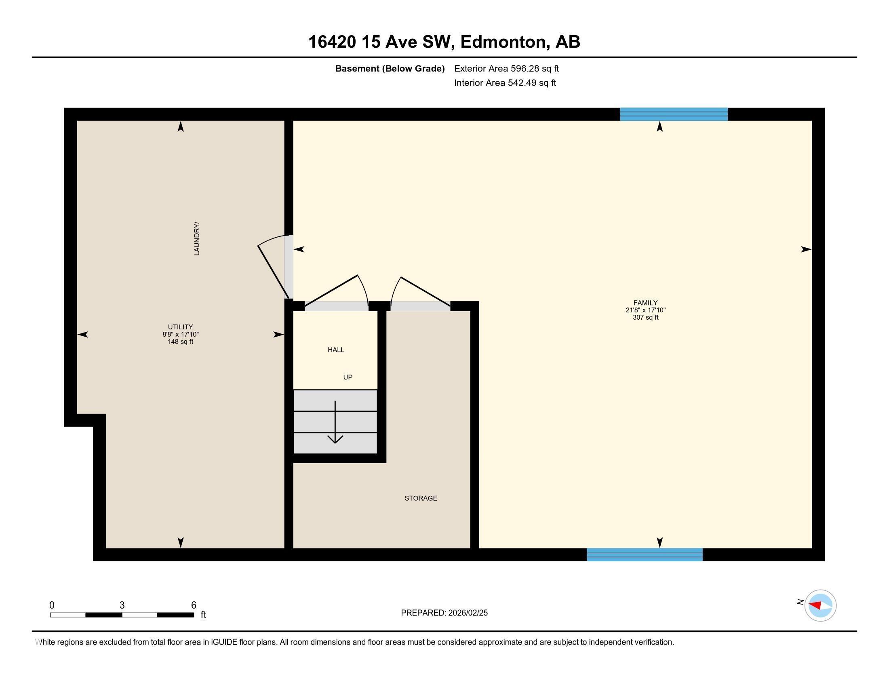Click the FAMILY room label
pos(645,303)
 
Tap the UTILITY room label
pos(180,327)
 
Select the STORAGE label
pos(421,498)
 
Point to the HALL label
pos(336,350)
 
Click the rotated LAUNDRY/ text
pos(197,239)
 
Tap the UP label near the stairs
pos(348,377)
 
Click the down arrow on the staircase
pos(335,423)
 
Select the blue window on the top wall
pos(674,114)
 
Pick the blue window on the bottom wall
pos(645,555)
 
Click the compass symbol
pos(820,605)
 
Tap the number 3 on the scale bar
pos(122,605)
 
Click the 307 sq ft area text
pos(645,318)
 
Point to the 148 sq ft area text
pos(180,342)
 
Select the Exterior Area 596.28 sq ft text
pos(506,68)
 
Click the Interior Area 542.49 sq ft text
pos(505,83)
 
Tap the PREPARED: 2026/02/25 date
pos(444,613)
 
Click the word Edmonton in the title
pos(503,42)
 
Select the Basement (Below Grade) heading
pos(390,69)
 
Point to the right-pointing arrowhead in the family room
pos(805,249)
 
